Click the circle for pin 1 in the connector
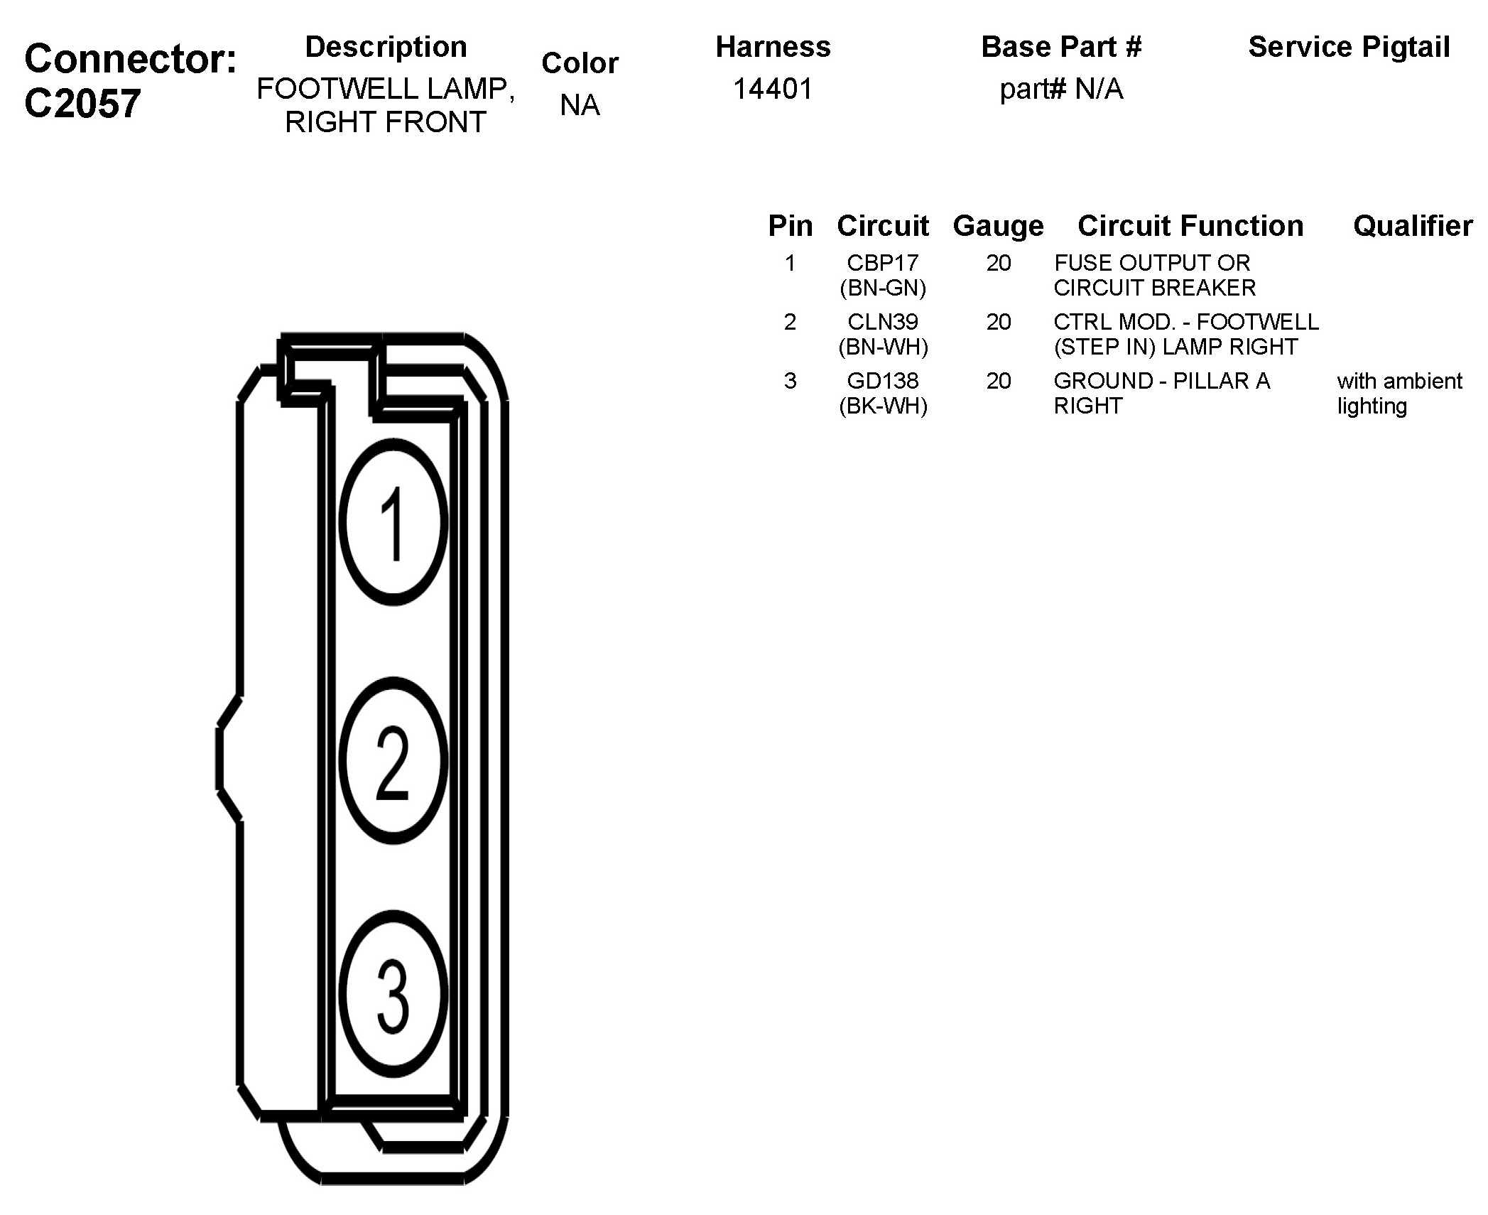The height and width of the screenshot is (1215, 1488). click(393, 522)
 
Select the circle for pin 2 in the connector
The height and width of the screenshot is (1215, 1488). click(393, 760)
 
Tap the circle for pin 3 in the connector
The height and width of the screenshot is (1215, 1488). click(393, 993)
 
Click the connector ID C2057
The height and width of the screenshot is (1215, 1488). click(82, 104)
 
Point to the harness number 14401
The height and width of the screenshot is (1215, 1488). click(773, 89)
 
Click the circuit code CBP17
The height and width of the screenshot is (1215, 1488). click(883, 263)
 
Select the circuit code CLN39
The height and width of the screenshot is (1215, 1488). click(883, 322)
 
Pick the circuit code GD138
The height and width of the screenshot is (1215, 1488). click(883, 381)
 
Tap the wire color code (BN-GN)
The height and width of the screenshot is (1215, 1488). click(883, 288)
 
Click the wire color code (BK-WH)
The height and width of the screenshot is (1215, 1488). click(883, 406)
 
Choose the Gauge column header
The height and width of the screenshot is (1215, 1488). click(998, 226)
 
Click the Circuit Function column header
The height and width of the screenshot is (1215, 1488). click(1190, 226)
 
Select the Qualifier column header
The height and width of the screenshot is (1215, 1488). click(1413, 226)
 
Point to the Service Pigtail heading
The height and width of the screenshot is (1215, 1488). click(1349, 47)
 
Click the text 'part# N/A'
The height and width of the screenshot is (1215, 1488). click(1061, 89)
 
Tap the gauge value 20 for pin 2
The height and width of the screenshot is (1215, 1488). click(998, 322)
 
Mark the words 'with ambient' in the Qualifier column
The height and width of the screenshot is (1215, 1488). click(1399, 381)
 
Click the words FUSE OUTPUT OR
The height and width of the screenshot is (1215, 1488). click(1151, 263)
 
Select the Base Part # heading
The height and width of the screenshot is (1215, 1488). click(1061, 47)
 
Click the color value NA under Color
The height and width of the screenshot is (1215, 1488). click(580, 105)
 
